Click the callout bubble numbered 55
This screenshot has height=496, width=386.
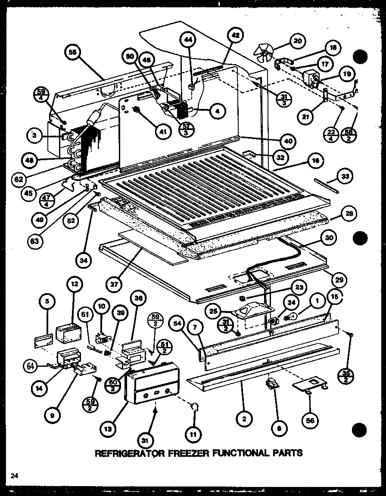point(72,53)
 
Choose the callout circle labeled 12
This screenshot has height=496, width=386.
point(74,285)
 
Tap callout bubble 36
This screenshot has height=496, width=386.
point(138,298)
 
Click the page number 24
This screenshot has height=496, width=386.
point(15,475)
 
